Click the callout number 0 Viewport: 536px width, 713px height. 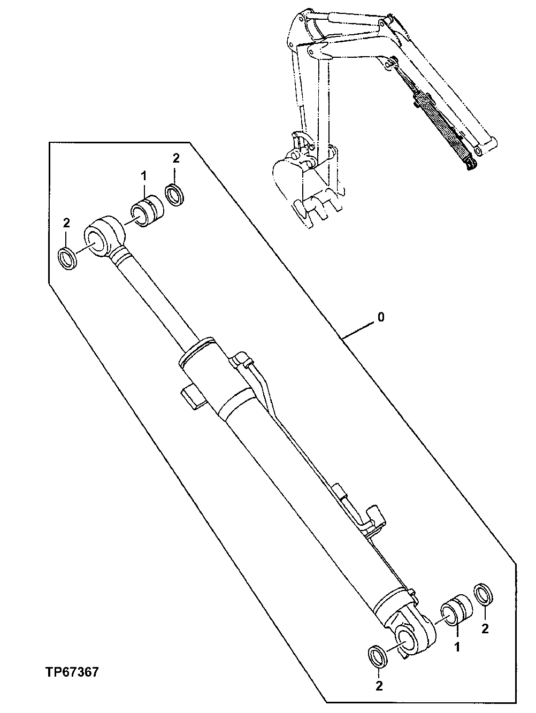[x=381, y=317]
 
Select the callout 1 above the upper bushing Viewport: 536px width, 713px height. [x=143, y=175]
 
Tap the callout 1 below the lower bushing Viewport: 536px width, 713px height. [x=457, y=647]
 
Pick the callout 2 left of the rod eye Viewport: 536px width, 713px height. [x=66, y=222]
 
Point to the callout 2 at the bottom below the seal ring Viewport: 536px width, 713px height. [x=379, y=686]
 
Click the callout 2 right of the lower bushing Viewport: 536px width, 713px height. [x=485, y=629]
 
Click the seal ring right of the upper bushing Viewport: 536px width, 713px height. [x=174, y=194]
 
